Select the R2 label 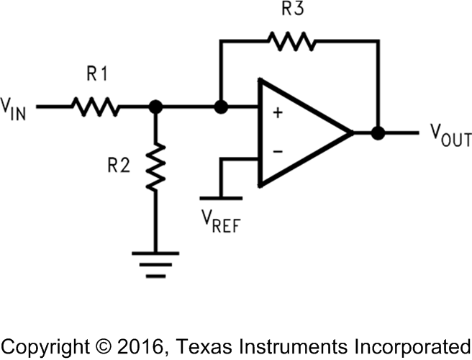click(x=119, y=164)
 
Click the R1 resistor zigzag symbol click(x=94, y=107)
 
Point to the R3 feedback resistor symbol click(x=292, y=42)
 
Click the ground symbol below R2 click(x=155, y=263)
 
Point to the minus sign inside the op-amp click(x=277, y=152)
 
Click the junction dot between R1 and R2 click(x=155, y=107)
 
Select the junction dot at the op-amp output click(x=376, y=133)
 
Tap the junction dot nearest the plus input click(x=222, y=107)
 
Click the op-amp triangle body click(x=302, y=133)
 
